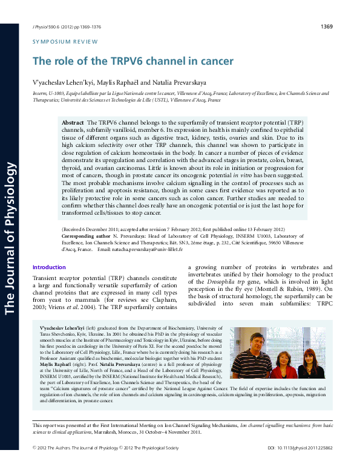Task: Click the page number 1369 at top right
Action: click(326, 27)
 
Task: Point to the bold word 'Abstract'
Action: click(73, 123)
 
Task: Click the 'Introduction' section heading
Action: click(49, 267)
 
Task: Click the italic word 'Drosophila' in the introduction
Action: click(223, 282)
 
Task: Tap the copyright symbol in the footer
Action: click(34, 465)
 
